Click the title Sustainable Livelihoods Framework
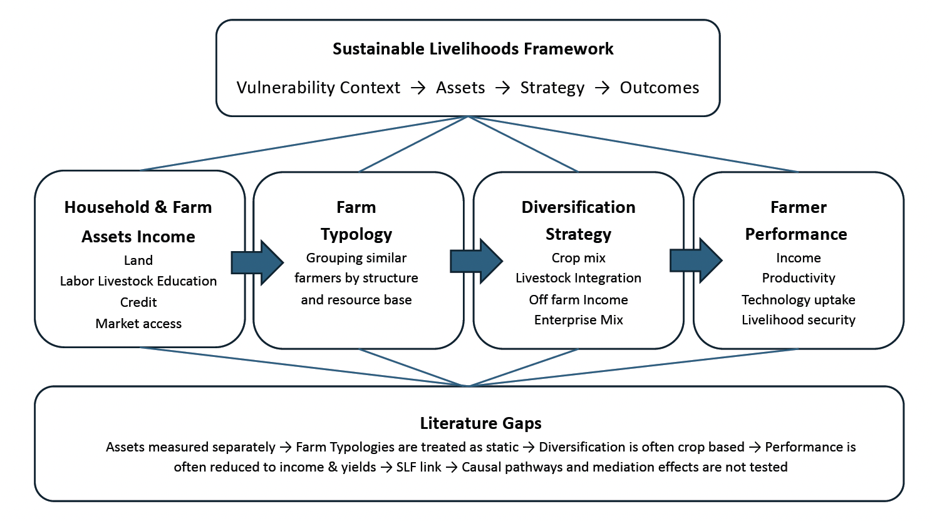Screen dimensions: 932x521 tap(473, 49)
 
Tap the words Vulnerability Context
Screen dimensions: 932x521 tap(318, 88)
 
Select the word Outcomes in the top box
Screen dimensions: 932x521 tap(659, 88)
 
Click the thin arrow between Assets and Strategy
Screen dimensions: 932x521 tap(502, 88)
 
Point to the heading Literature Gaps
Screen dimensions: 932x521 tap(480, 423)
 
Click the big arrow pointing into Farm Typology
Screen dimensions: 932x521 tap(257, 262)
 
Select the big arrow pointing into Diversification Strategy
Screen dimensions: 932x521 tap(477, 261)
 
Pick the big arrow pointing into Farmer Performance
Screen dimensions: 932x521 tap(696, 261)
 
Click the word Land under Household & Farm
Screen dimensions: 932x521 tap(138, 260)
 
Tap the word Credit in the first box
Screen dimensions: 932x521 tap(138, 302)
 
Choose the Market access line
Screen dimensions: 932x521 tap(138, 323)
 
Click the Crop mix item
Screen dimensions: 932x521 tap(578, 257)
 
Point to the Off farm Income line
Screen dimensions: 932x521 tap(578, 299)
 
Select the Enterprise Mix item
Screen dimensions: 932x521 tap(578, 319)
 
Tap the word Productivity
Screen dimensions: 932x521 tap(799, 277)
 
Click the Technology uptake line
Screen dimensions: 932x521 tap(799, 299)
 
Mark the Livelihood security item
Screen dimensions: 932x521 tap(799, 319)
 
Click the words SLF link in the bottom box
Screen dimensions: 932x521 tap(418, 467)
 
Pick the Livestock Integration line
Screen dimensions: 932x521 tap(578, 277)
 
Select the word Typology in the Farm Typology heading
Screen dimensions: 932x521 tap(356, 235)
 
